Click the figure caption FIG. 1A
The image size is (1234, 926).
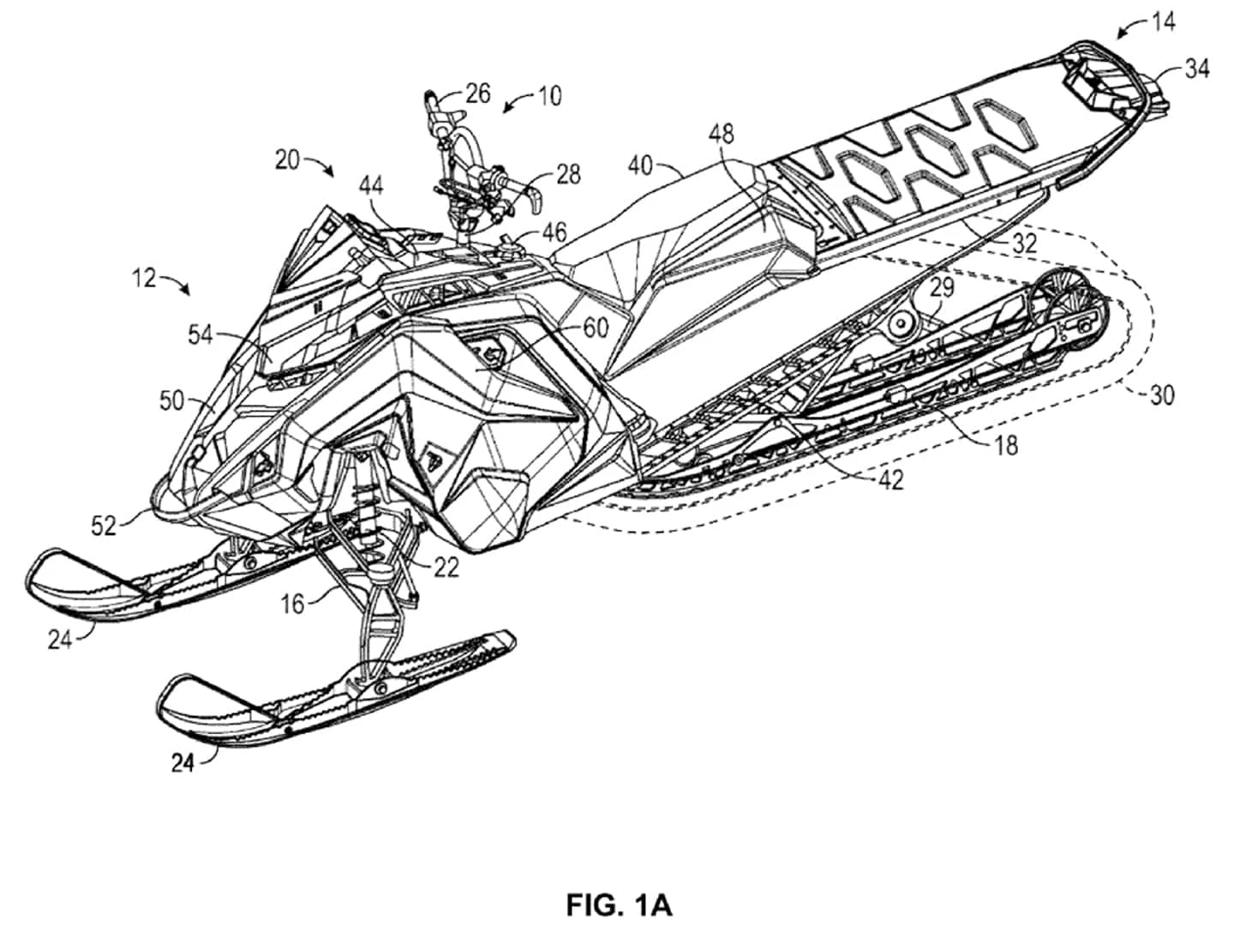coord(619,904)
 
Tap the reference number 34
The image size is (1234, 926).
coord(1197,68)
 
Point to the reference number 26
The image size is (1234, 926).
coord(477,93)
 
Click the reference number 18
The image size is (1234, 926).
coord(1008,444)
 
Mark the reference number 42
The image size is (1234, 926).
coord(891,481)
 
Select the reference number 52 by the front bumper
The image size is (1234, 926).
coord(105,525)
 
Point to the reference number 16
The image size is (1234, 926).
coord(293,604)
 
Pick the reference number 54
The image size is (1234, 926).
coord(201,336)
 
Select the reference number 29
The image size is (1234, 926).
coord(942,287)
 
